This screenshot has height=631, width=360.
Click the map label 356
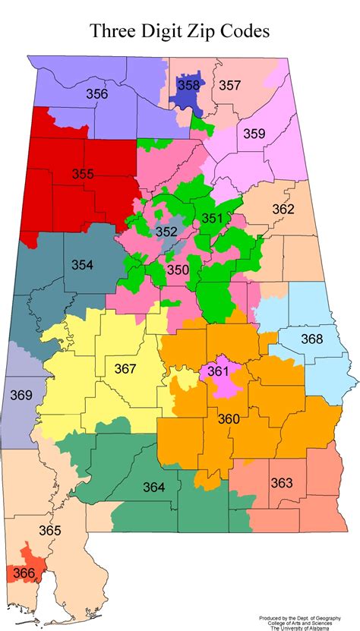pyautogui.click(x=96, y=95)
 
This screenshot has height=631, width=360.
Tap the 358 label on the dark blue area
pyautogui.click(x=188, y=86)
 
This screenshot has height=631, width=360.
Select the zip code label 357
pyautogui.click(x=230, y=86)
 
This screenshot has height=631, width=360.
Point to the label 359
pyautogui.click(x=254, y=134)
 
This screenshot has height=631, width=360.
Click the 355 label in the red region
pyautogui.click(x=83, y=174)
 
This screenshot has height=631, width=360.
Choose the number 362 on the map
pyautogui.click(x=283, y=209)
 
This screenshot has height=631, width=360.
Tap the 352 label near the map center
pyautogui.click(x=166, y=232)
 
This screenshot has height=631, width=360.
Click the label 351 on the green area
pyautogui.click(x=213, y=219)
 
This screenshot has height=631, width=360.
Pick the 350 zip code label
pyautogui.click(x=178, y=270)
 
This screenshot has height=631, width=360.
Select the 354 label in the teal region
pyautogui.click(x=83, y=264)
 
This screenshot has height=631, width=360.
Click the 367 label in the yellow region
pyautogui.click(x=125, y=369)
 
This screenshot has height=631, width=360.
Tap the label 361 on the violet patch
pyautogui.click(x=218, y=371)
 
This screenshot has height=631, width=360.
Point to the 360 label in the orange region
pyautogui.click(x=229, y=418)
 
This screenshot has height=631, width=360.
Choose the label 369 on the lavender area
pyautogui.click(x=21, y=395)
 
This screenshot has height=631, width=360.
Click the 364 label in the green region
pyautogui.click(x=153, y=487)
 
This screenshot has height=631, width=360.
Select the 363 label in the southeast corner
pyautogui.click(x=281, y=483)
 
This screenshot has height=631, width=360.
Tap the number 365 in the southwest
pyautogui.click(x=49, y=530)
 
